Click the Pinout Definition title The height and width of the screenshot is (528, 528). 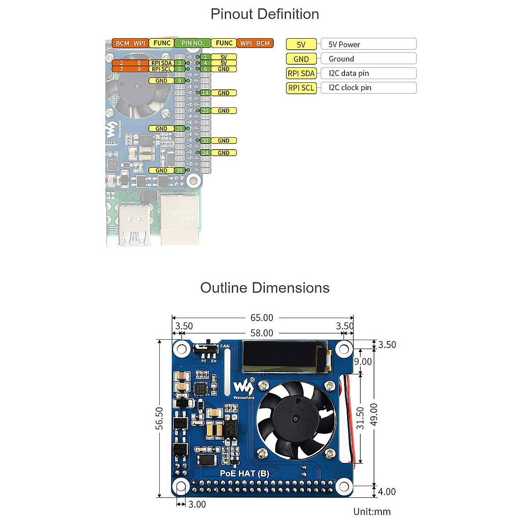pos(264,14)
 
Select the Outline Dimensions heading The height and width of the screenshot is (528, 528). pos(264,288)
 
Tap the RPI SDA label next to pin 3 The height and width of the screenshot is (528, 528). pos(161,63)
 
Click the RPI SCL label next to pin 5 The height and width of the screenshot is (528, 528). pos(161,69)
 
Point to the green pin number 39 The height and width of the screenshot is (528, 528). pos(180,171)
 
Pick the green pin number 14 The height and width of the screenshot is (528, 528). pos(205,93)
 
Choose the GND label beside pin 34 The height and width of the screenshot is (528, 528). pos(224,153)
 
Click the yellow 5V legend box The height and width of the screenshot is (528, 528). pos(301,44)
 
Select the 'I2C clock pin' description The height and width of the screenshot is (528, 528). pos(350,88)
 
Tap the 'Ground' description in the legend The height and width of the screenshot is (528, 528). pos(341,59)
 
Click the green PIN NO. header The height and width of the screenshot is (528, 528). pos(193,43)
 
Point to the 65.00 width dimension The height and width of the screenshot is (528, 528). pos(262,318)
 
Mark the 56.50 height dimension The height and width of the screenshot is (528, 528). pos(159,418)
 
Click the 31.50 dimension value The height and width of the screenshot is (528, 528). pos(360,418)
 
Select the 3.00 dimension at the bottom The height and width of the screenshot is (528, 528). pos(197,504)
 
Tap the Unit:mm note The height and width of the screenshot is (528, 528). pos(372,512)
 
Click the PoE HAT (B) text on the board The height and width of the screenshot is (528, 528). pos(244,473)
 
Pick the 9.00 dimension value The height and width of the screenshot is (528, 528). pos(363,362)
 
